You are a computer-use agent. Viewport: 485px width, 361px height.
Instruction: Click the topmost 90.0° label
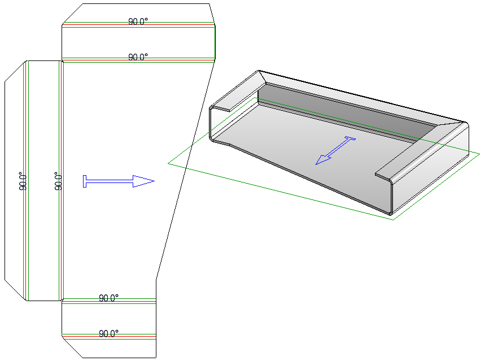[138, 21]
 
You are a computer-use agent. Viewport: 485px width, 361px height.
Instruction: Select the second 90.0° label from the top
[138, 57]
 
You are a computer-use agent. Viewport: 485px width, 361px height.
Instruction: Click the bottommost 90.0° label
[108, 333]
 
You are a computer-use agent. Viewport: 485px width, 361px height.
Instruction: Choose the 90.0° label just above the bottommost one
[108, 298]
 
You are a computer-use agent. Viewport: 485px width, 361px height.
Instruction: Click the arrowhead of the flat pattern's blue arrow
[143, 181]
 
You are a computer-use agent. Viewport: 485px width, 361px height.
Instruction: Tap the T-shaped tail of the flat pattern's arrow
[85, 181]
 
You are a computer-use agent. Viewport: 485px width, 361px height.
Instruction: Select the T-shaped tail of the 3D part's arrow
[350, 139]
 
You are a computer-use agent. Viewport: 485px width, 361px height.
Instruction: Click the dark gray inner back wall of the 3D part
[344, 111]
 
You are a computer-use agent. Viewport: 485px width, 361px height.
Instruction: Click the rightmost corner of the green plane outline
[480, 153]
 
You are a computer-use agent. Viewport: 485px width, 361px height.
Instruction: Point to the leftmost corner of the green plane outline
[168, 163]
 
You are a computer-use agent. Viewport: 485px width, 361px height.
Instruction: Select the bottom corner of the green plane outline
[393, 219]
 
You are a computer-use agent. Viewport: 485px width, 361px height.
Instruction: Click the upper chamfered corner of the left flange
[15, 71]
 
